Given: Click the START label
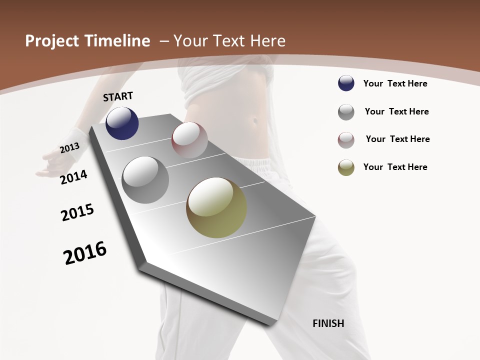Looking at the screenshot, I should pos(118,96).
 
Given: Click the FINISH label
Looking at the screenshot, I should pos(328,323).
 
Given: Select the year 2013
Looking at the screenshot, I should pos(69,148).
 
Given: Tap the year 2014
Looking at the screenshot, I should pos(74,177).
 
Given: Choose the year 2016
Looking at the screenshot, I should pos(85,253).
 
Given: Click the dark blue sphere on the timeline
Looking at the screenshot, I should pos(122,123).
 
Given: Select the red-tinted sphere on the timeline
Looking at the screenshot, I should pos(189,139).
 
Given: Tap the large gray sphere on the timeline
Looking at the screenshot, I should pos(145,180).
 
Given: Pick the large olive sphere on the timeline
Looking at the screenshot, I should pos(216,207).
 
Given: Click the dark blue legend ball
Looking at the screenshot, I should pos(346,83).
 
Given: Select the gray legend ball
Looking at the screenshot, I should pos(346,111).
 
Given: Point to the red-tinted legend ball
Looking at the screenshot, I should pos(346,139).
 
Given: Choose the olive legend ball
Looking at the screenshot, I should pos(346,167).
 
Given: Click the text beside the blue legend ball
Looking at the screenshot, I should pos(395,83).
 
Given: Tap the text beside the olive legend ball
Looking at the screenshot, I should pos(395,167).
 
